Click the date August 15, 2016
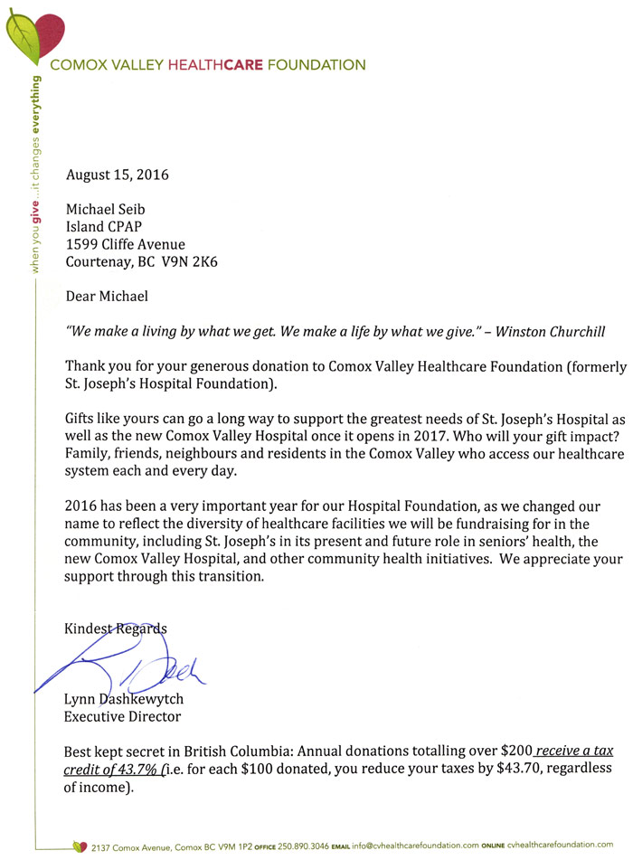pyautogui.click(x=118, y=175)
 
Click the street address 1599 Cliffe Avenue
pyautogui.click(x=126, y=245)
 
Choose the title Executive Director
pyautogui.click(x=123, y=717)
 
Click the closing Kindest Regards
pyautogui.click(x=116, y=628)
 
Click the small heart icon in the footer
pyautogui.click(x=79, y=846)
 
